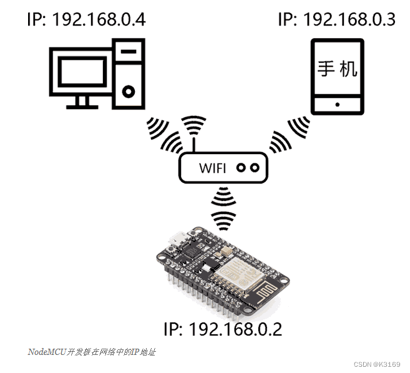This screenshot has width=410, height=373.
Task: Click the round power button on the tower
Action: (129, 92)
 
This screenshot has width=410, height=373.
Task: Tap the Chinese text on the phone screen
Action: (338, 68)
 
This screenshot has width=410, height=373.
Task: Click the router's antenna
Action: (193, 145)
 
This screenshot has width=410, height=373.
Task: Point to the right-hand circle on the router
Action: (255, 167)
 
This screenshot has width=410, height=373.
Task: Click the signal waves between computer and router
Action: (161, 133)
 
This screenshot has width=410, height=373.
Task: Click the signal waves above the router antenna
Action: (193, 125)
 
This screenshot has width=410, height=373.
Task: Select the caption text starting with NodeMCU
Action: (91, 352)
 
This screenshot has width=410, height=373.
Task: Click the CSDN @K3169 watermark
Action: (376, 364)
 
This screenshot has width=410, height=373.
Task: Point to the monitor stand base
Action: (81, 104)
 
